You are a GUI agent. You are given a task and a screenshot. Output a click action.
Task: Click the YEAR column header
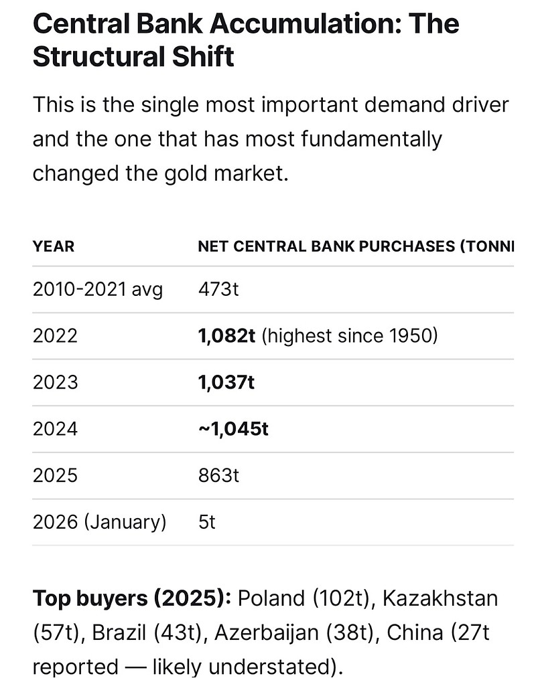54,246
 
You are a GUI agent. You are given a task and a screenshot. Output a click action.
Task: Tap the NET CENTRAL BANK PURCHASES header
355,246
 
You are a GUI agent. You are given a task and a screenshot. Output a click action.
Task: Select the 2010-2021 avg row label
97,289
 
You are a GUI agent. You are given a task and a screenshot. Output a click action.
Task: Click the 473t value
218,289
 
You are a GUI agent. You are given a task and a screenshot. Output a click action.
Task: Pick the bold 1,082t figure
226,335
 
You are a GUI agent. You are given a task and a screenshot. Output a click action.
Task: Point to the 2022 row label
55,335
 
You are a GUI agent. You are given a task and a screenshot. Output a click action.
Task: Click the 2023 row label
55,382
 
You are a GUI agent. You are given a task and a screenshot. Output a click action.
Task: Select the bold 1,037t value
226,382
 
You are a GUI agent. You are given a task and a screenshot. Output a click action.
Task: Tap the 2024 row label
55,428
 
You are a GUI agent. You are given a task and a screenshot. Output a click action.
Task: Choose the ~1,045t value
233,428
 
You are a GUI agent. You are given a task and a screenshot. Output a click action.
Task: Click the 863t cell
218,475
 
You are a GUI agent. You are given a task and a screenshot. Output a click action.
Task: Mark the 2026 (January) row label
99,521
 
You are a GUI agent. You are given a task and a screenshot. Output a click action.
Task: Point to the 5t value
207,521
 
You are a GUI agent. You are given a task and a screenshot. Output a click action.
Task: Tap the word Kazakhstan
440,598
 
